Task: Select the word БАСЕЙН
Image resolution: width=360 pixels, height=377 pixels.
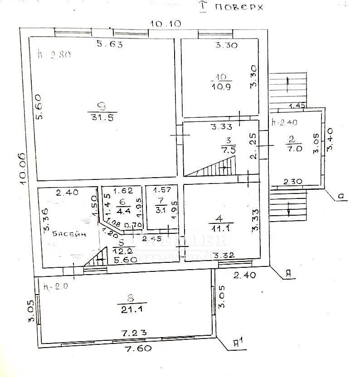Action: click(x=68, y=234)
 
